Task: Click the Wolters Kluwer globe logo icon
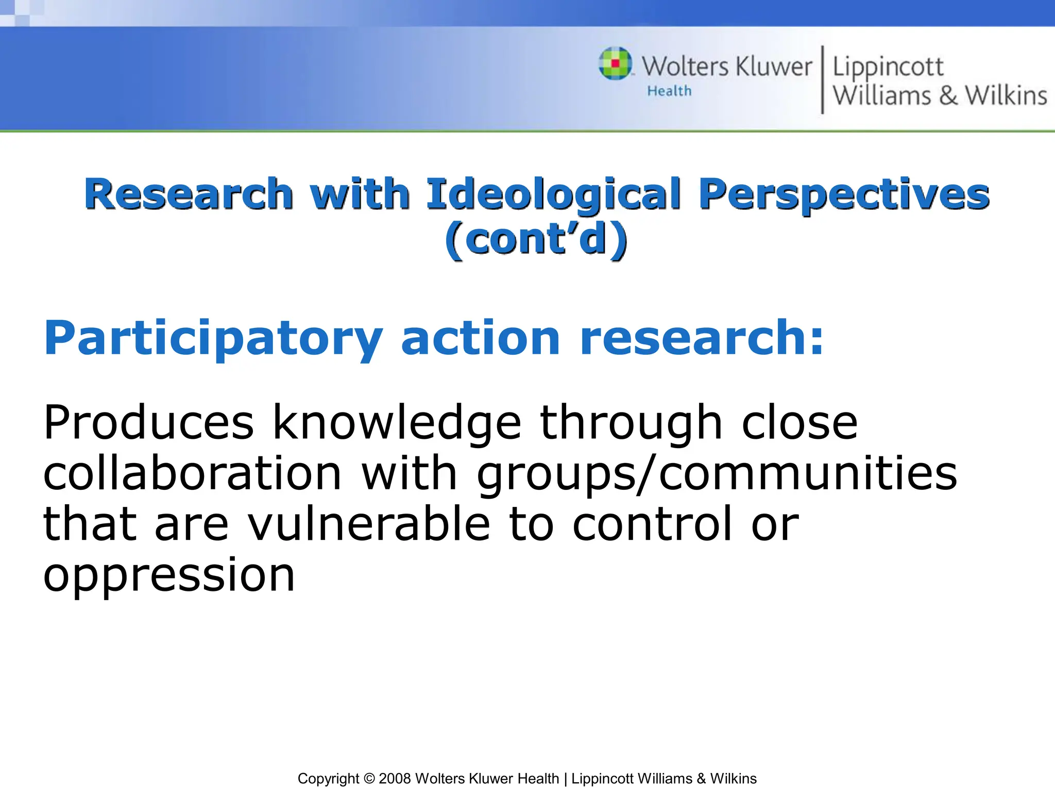(615, 63)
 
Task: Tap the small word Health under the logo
(669, 91)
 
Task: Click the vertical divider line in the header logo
(822, 79)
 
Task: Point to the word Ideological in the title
(554, 194)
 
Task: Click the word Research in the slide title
(189, 194)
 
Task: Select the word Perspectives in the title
(844, 194)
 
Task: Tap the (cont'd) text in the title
(536, 240)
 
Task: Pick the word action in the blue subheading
(480, 338)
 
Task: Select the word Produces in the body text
(149, 423)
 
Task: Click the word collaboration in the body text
(193, 473)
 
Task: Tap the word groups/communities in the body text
(717, 473)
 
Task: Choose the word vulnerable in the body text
(369, 524)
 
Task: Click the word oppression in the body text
(169, 574)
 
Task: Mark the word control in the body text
(652, 524)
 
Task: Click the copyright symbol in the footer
(369, 779)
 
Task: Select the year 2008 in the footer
(395, 779)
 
